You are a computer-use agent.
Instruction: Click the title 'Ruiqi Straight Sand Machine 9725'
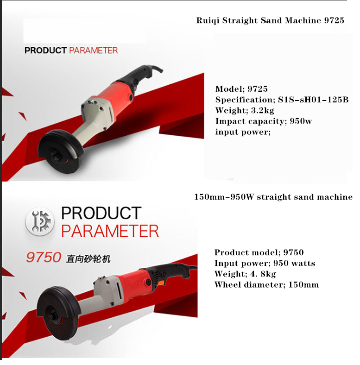tap(270, 20)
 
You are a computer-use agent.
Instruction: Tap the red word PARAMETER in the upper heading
tap(94, 50)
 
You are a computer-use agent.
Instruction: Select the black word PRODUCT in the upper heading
tap(46, 50)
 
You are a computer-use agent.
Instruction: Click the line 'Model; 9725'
tap(241, 89)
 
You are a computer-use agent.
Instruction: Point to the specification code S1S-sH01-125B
tap(313, 100)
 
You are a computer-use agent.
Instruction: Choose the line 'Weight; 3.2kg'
tap(245, 110)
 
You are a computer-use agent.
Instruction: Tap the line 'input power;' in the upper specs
tap(243, 132)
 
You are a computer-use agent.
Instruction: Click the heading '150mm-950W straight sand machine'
tap(273, 197)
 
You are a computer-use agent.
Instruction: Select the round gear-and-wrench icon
tap(39, 221)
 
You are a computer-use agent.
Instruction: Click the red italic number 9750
tap(44, 257)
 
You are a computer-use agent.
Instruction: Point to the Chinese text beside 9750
tap(88, 258)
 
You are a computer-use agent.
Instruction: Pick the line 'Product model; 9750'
tap(259, 252)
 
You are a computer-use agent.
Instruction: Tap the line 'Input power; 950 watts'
tap(265, 263)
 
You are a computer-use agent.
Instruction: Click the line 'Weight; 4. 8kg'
tap(245, 274)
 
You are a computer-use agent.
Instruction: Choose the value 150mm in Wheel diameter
tap(303, 285)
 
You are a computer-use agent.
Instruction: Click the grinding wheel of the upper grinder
tap(64, 163)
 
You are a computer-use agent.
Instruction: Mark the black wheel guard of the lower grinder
tap(58, 300)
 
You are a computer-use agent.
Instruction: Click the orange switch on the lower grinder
tap(162, 283)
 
